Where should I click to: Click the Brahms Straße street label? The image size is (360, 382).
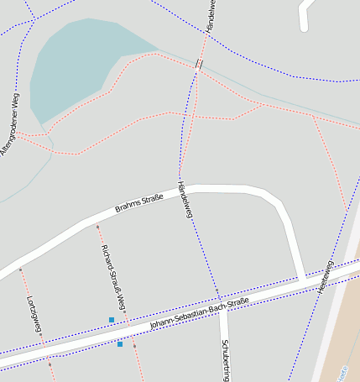pos(139,204)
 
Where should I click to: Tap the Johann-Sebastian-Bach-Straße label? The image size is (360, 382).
pos(200,313)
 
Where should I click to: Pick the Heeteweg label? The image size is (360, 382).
pos(325,276)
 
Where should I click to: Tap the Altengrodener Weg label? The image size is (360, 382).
pos(8,125)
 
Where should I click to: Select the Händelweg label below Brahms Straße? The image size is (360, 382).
pos(185,200)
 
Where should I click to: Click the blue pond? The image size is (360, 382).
pos(76,63)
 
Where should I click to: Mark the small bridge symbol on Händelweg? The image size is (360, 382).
pos(199,64)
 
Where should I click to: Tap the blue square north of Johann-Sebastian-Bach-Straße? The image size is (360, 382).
pos(112,319)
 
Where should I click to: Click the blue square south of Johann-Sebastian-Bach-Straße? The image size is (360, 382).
pos(120,344)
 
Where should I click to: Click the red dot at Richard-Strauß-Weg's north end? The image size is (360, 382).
pos(97,227)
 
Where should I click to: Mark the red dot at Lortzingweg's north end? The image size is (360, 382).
pos(20,269)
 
